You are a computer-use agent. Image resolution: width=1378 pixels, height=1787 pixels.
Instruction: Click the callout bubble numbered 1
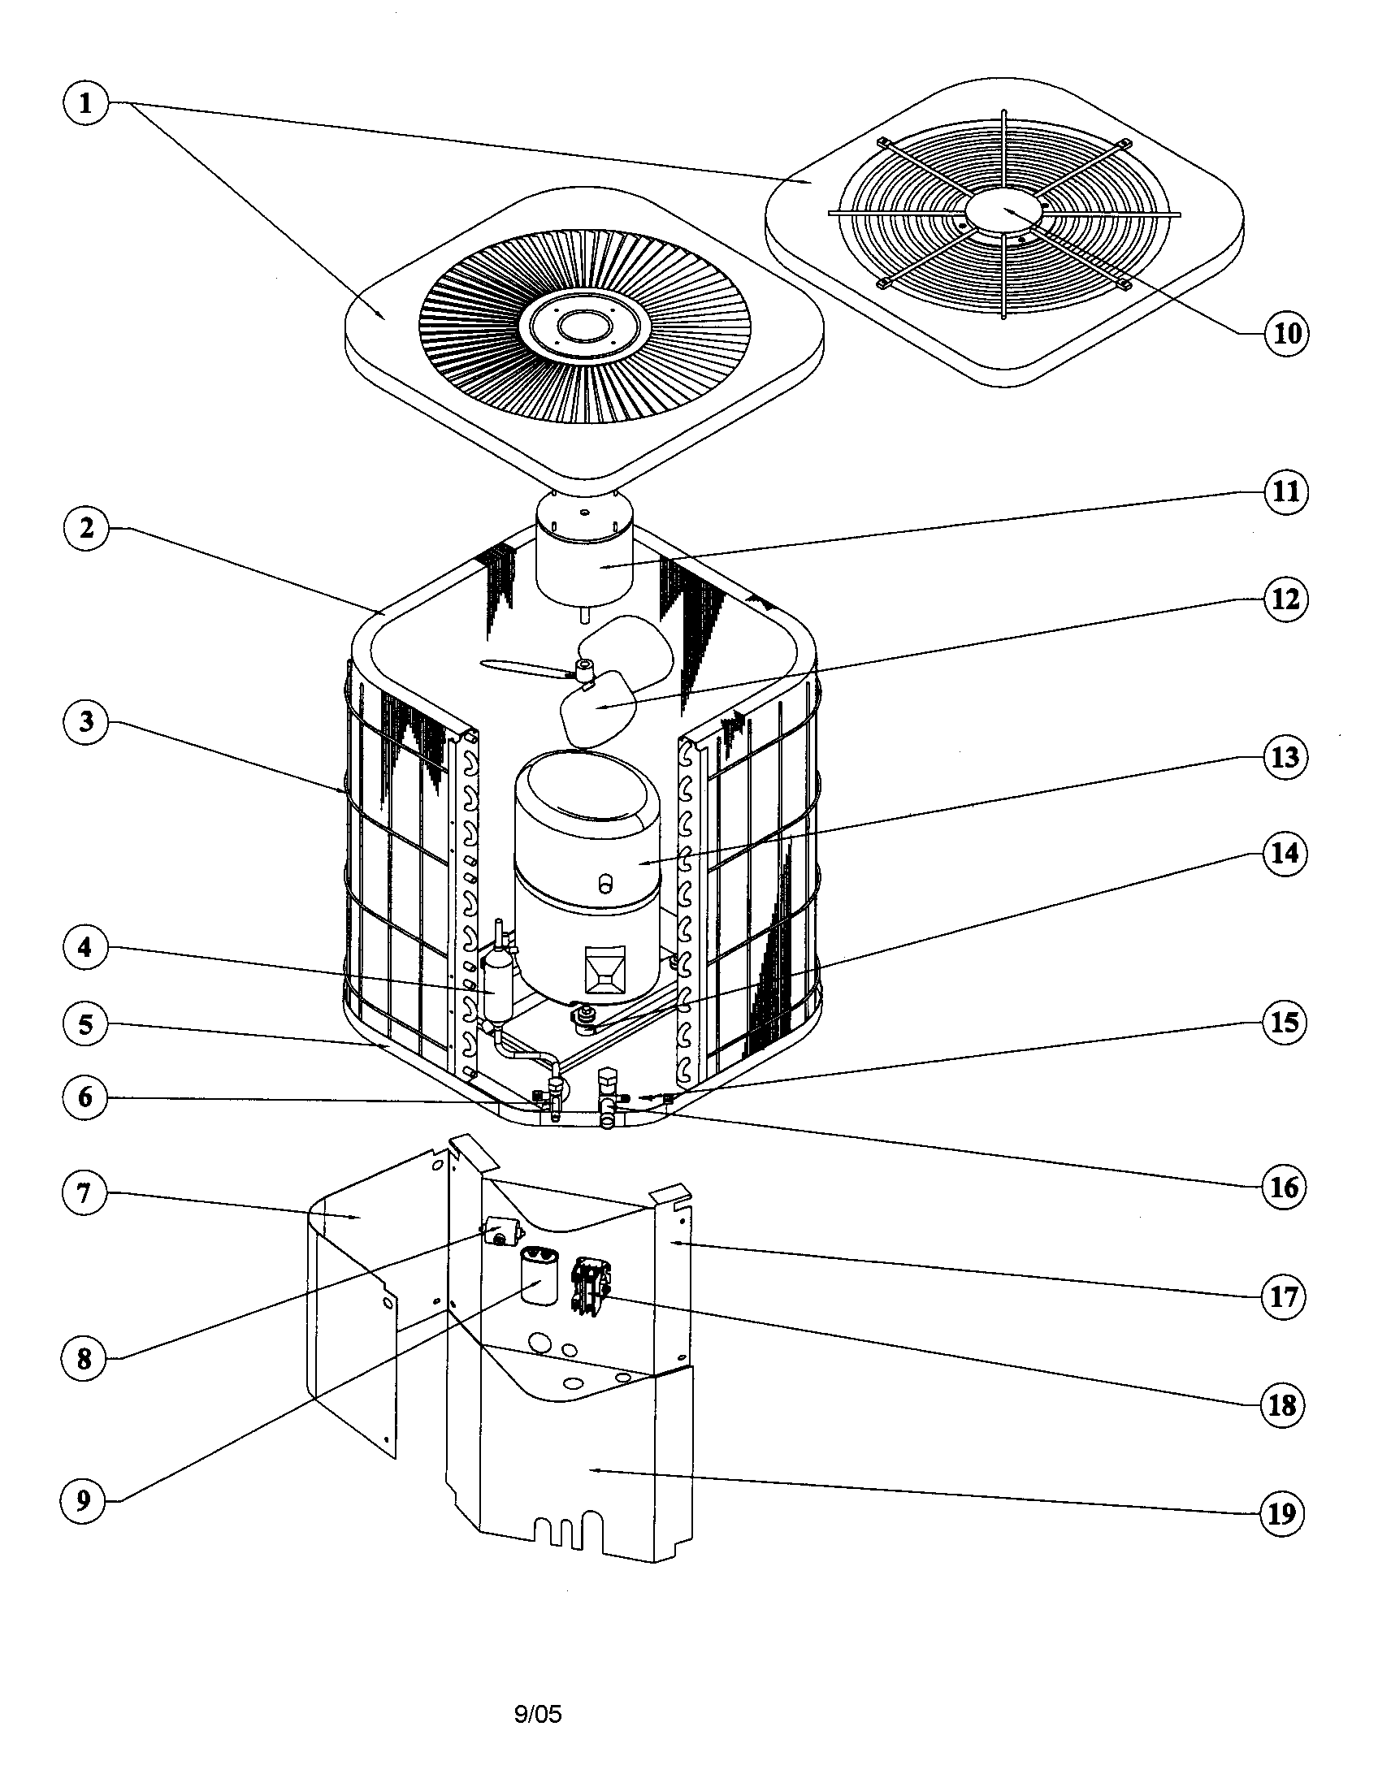point(85,104)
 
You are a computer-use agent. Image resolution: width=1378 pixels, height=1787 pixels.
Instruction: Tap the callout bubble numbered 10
point(1286,333)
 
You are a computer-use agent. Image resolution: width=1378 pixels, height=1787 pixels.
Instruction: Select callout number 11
point(1286,491)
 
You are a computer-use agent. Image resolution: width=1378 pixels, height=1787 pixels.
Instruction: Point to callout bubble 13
point(1285,757)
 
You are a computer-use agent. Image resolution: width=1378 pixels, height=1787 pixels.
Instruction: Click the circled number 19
point(1282,1514)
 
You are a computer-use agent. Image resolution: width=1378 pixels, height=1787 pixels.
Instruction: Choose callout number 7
point(84,1193)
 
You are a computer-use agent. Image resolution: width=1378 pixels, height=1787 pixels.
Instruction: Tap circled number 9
point(84,1500)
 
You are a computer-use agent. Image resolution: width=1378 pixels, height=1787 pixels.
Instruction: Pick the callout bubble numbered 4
point(85,947)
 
